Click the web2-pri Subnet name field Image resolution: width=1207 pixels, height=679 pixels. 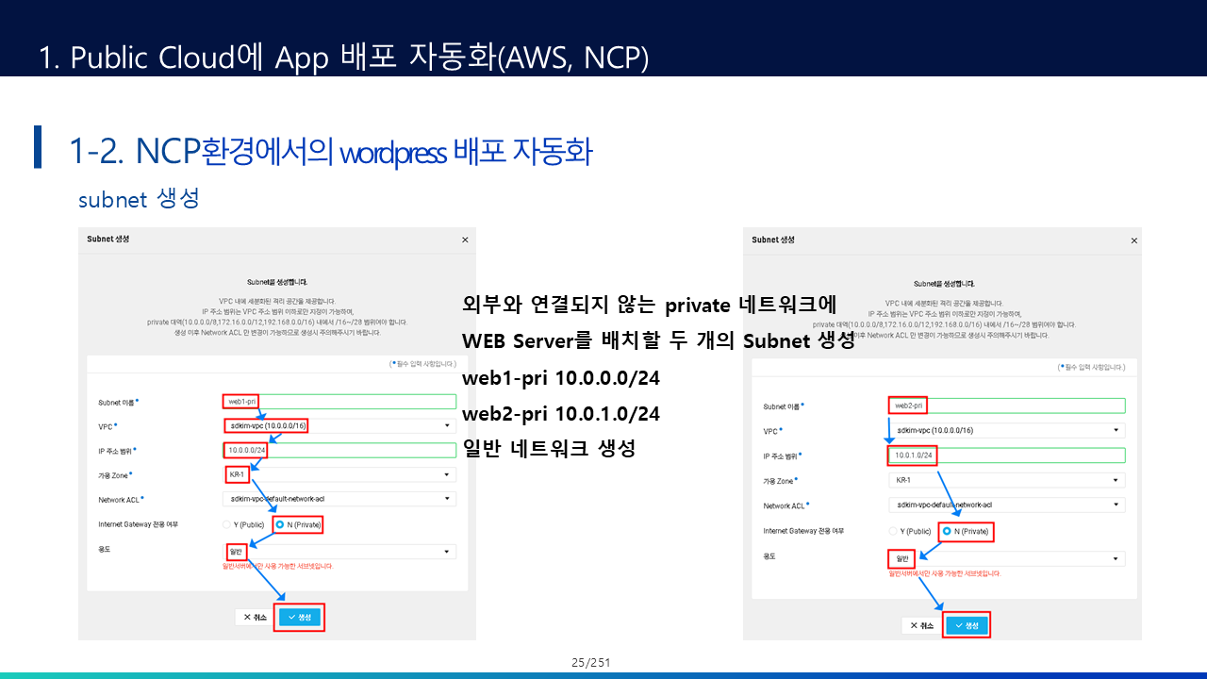[x=1005, y=406]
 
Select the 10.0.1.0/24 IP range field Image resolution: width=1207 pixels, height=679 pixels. [x=1005, y=455]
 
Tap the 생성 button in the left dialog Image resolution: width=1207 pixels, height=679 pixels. [x=300, y=617]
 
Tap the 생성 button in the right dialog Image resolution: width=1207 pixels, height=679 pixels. [x=967, y=625]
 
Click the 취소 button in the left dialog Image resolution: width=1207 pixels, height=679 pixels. [x=255, y=617]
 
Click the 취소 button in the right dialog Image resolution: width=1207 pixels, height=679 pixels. [x=920, y=625]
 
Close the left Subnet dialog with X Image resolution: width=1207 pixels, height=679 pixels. [x=465, y=240]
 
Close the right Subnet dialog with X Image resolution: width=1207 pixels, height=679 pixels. [x=1133, y=240]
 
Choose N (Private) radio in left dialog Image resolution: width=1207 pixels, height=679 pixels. [x=280, y=523]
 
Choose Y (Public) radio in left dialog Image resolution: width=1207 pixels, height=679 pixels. [x=227, y=523]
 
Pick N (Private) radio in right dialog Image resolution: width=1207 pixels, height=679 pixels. [x=947, y=531]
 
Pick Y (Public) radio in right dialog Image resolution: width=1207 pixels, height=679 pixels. [x=893, y=531]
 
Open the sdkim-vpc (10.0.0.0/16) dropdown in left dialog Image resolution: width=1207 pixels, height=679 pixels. [x=339, y=425]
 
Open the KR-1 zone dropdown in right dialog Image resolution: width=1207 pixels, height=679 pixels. [x=1005, y=480]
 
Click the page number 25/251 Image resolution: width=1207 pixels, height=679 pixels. [x=591, y=662]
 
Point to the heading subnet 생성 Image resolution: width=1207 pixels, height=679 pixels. [x=139, y=200]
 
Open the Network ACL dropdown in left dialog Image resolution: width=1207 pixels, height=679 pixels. [x=339, y=499]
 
